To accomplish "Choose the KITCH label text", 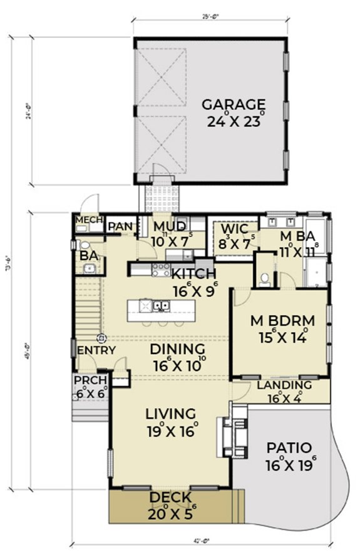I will coord(194,274).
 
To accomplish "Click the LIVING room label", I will coord(170,413).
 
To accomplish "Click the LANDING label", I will coord(284,385).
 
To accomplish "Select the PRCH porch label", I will coord(89,380).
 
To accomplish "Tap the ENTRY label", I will coord(96,350).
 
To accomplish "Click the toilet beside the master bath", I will coord(265,280).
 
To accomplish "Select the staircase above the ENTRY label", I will coord(88,307).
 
